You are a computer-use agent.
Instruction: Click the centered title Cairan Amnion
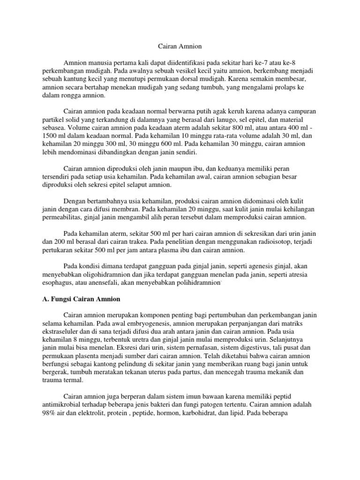click(x=180, y=47)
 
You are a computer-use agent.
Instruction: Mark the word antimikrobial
click(x=61, y=405)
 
